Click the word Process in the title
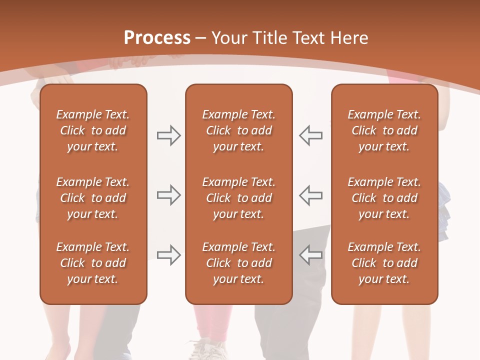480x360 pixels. pos(157,38)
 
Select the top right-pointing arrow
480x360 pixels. pos(169,135)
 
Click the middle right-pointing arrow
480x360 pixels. pos(169,195)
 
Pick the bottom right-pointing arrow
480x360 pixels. pos(169,254)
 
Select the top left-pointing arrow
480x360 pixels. pos(310,135)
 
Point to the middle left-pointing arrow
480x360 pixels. pos(310,195)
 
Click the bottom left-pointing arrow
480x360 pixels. pos(310,254)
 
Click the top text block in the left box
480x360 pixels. pos(93,130)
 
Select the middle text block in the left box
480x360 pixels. pos(93,198)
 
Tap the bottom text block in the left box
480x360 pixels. pos(93,263)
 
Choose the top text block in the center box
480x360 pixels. pos(238,130)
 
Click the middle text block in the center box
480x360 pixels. pos(238,198)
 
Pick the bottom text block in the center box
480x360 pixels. pos(238,263)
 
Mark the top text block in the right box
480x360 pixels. pos(384,130)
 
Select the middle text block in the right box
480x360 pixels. pos(384,198)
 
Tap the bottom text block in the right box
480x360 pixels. pos(384,263)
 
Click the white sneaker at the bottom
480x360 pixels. pos(205,350)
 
